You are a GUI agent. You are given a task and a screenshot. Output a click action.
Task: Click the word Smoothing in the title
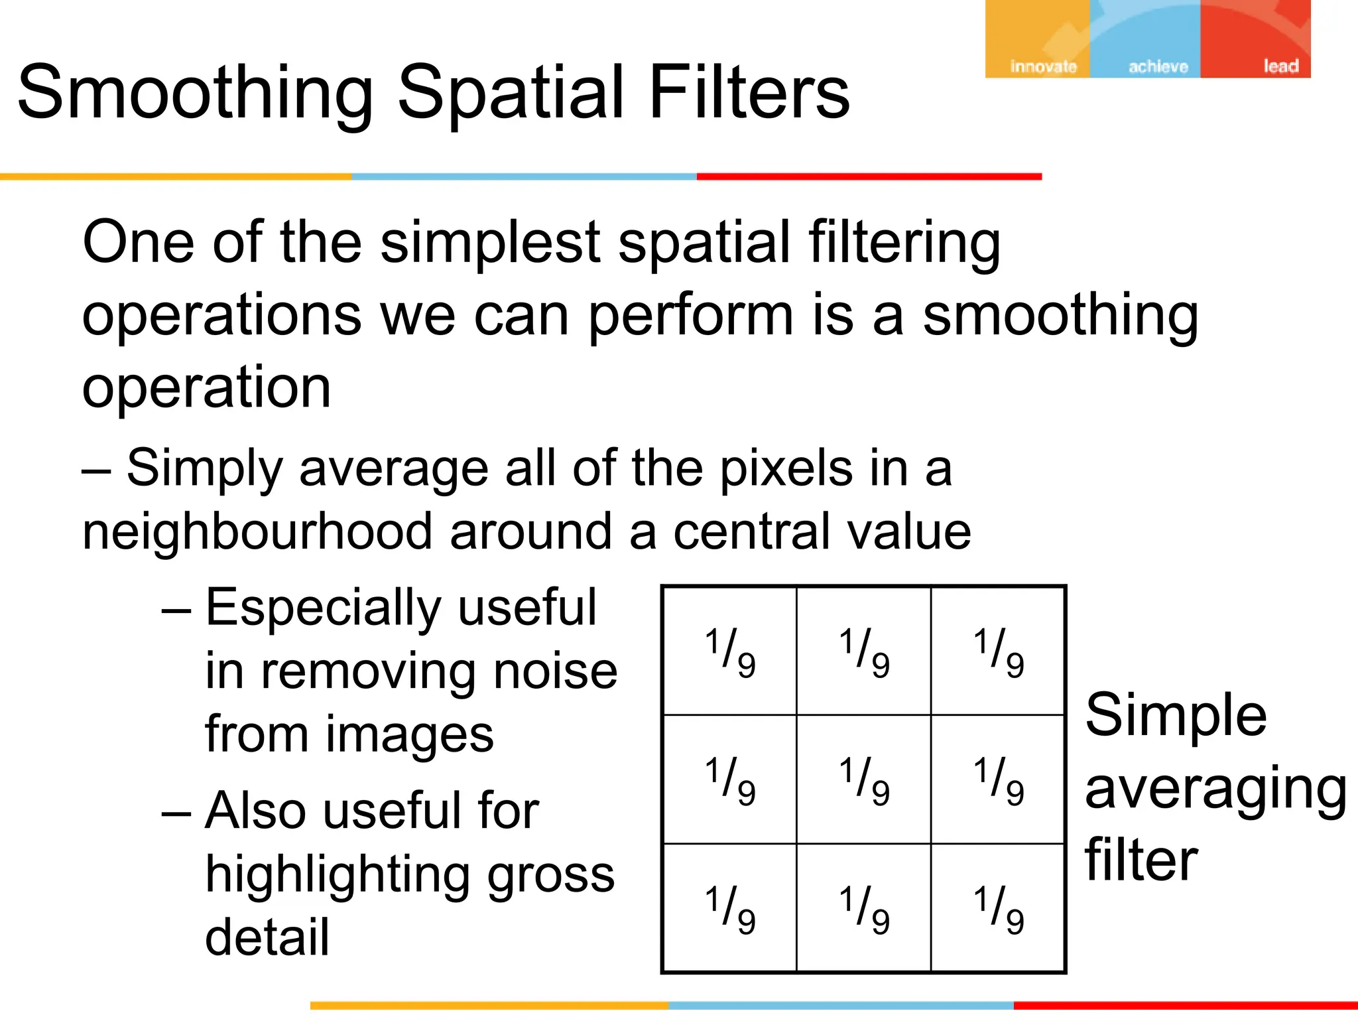pos(196,93)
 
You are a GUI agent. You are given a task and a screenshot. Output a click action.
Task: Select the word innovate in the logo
pos(1043,66)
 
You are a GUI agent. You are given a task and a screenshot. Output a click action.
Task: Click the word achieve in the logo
pos(1158,66)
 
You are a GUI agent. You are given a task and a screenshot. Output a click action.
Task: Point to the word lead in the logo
pos(1280,66)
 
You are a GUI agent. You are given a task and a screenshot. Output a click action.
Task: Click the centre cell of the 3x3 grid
pos(863,779)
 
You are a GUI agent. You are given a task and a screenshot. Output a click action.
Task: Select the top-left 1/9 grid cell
pos(729,651)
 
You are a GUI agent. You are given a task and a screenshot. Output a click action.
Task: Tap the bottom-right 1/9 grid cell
pos(998,908)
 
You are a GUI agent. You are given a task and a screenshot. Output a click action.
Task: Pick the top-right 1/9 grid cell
pos(998,651)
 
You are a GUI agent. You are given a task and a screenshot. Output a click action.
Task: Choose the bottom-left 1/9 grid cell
pos(729,908)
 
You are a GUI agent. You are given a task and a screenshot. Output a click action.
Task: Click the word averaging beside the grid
pos(1215,789)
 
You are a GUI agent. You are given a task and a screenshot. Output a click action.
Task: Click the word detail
pos(267,937)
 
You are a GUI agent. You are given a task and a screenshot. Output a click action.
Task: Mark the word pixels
pos(786,469)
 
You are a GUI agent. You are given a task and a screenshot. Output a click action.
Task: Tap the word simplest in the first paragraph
pos(491,243)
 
